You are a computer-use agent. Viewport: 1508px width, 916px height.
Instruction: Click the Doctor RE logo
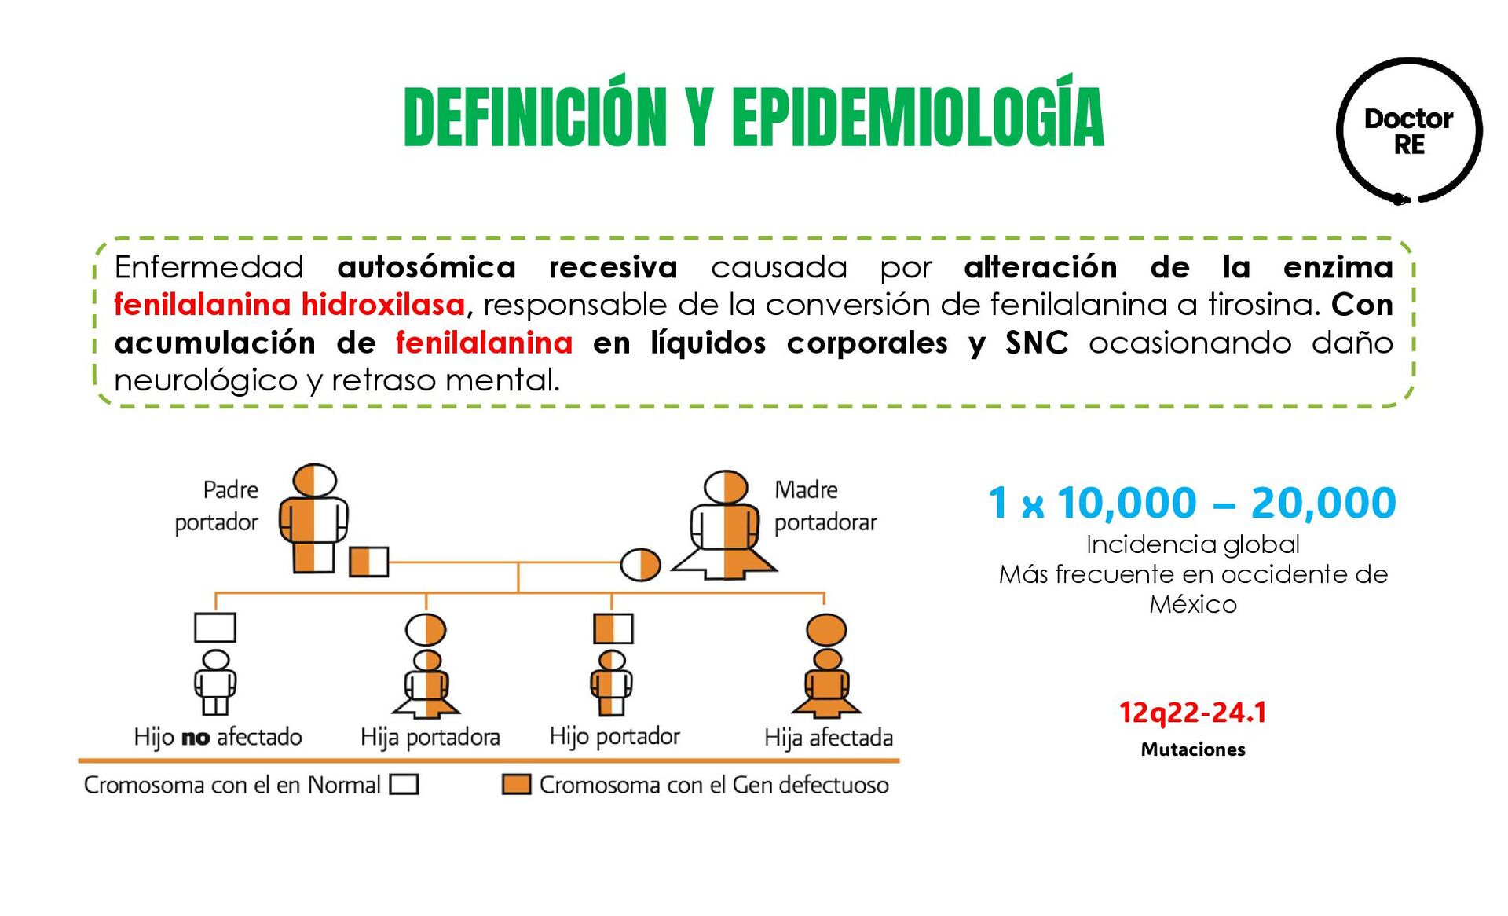[1409, 131]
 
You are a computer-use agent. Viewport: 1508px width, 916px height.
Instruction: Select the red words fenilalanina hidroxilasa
[289, 305]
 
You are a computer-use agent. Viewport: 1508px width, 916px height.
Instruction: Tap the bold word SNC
[1037, 343]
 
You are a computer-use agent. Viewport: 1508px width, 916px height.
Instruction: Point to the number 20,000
[1323, 503]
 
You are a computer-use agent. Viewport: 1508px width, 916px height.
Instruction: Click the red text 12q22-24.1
[1192, 713]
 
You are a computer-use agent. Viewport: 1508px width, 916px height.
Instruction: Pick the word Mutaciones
[1192, 749]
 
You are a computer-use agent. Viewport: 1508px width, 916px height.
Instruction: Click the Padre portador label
[218, 506]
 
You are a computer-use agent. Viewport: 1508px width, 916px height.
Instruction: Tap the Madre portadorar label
[825, 506]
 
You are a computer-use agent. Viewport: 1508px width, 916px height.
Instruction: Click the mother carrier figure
[725, 525]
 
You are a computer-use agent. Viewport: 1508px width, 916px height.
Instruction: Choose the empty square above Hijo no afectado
[215, 628]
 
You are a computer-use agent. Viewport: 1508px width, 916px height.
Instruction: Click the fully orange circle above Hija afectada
[826, 629]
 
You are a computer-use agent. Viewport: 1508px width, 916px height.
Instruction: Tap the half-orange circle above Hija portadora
[426, 629]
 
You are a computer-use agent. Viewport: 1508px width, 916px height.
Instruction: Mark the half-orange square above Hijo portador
[613, 628]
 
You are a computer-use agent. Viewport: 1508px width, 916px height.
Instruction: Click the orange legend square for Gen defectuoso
[516, 784]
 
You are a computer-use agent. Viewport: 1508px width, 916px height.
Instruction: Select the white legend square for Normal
[404, 784]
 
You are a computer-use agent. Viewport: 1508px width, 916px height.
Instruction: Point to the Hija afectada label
[828, 738]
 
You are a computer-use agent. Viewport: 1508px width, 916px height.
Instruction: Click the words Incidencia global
[1192, 544]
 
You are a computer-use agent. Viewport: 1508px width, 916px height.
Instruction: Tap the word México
[1192, 604]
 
